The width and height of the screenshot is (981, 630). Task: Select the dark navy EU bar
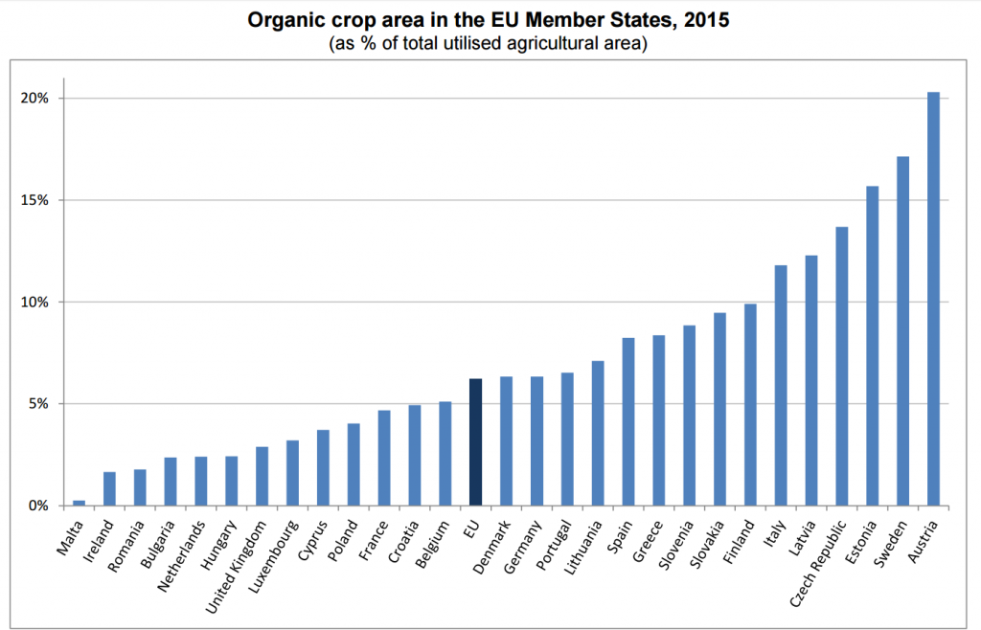click(475, 441)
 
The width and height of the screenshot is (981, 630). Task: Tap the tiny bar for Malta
click(79, 502)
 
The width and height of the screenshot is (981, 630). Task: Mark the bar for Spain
click(627, 421)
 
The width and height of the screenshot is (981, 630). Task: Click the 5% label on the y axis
click(38, 404)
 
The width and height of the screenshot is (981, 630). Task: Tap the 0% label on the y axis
click(38, 506)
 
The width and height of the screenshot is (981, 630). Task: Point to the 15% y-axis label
click(35, 200)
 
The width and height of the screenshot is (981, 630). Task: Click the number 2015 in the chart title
click(703, 19)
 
